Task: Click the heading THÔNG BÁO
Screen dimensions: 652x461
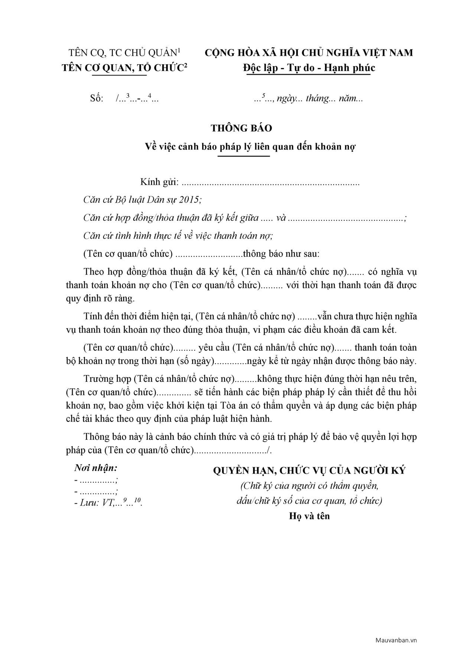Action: click(241, 128)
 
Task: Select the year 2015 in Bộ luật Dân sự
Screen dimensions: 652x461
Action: click(189, 200)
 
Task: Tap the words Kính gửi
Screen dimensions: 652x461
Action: click(159, 182)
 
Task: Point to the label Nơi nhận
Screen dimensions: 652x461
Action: click(96, 468)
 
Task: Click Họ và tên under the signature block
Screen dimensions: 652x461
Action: click(309, 516)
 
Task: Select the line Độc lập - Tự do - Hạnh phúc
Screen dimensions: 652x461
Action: click(309, 68)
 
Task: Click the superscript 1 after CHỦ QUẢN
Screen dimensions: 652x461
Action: click(179, 50)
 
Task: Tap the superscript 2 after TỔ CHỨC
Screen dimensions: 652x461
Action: click(186, 65)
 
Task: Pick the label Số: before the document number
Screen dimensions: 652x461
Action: click(97, 99)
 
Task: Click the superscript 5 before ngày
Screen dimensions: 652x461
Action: click(263, 96)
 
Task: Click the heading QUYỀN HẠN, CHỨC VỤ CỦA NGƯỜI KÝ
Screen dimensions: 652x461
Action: click(309, 471)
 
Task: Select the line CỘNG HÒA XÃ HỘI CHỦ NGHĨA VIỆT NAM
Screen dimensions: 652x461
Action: click(309, 53)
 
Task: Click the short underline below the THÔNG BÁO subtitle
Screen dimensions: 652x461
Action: click(244, 156)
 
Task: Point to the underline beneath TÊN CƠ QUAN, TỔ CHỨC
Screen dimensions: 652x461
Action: click(119, 75)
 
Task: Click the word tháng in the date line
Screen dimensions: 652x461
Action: click(317, 99)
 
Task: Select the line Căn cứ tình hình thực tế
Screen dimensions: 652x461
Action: click(178, 236)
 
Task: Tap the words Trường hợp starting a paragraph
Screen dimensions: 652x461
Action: click(107, 379)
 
